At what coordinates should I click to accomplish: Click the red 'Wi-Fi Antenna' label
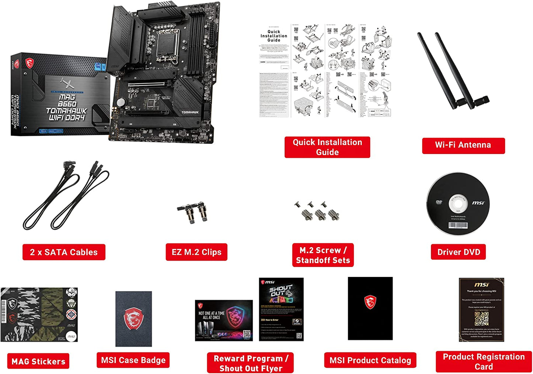(463, 145)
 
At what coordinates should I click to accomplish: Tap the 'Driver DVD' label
(458, 252)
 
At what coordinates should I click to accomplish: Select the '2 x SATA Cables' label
(64, 252)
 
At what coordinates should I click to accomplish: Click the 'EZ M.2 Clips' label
(196, 252)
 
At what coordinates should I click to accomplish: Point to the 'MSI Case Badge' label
(133, 360)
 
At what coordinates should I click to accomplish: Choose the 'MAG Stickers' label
(38, 361)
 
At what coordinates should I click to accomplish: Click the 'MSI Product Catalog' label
(370, 360)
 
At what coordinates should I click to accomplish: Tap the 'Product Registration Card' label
(484, 361)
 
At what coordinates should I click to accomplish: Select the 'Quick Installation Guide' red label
(327, 147)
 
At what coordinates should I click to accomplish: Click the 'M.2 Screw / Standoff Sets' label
(323, 255)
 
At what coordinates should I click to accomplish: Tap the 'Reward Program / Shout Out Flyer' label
(250, 363)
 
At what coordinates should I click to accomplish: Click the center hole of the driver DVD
(458, 203)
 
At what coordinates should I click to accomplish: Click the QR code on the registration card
(481, 319)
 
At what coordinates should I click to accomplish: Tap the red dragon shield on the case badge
(134, 319)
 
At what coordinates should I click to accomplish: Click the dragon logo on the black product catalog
(370, 302)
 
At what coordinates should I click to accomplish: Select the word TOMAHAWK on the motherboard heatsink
(190, 112)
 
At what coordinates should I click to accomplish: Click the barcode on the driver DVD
(458, 225)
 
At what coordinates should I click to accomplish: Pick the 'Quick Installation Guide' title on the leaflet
(274, 36)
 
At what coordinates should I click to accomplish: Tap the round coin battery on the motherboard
(121, 102)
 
